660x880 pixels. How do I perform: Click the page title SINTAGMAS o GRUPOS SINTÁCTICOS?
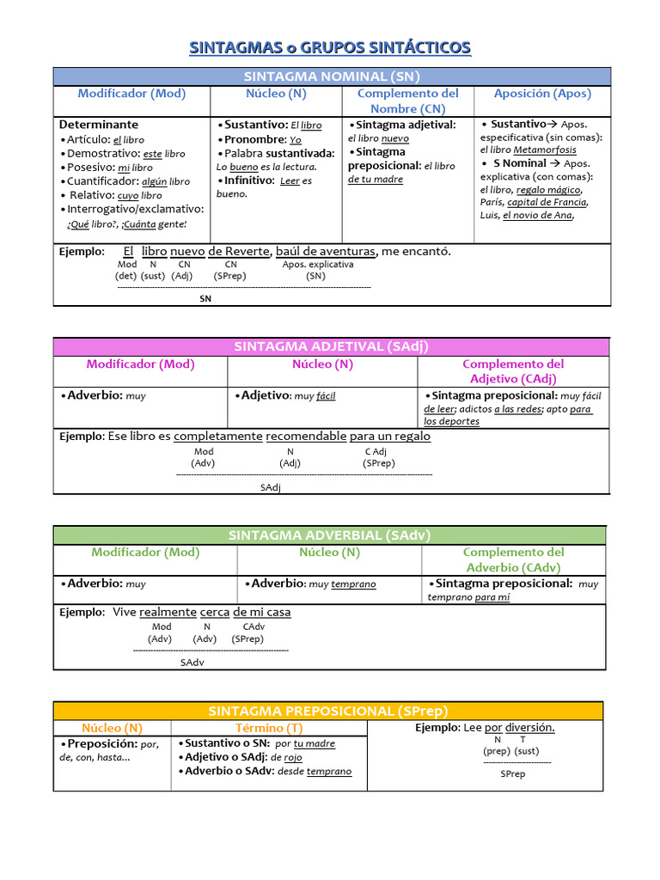click(x=330, y=46)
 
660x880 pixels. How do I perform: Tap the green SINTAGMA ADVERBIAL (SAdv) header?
click(x=329, y=535)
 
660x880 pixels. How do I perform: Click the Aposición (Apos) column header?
click(x=542, y=94)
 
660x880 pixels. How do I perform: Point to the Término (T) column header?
click(x=270, y=728)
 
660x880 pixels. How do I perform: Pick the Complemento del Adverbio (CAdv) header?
click(x=513, y=559)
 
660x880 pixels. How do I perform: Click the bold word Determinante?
click(x=99, y=125)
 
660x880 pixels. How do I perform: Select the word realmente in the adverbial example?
click(x=168, y=612)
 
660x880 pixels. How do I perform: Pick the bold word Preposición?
click(x=102, y=743)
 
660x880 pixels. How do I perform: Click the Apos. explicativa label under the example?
click(x=317, y=265)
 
